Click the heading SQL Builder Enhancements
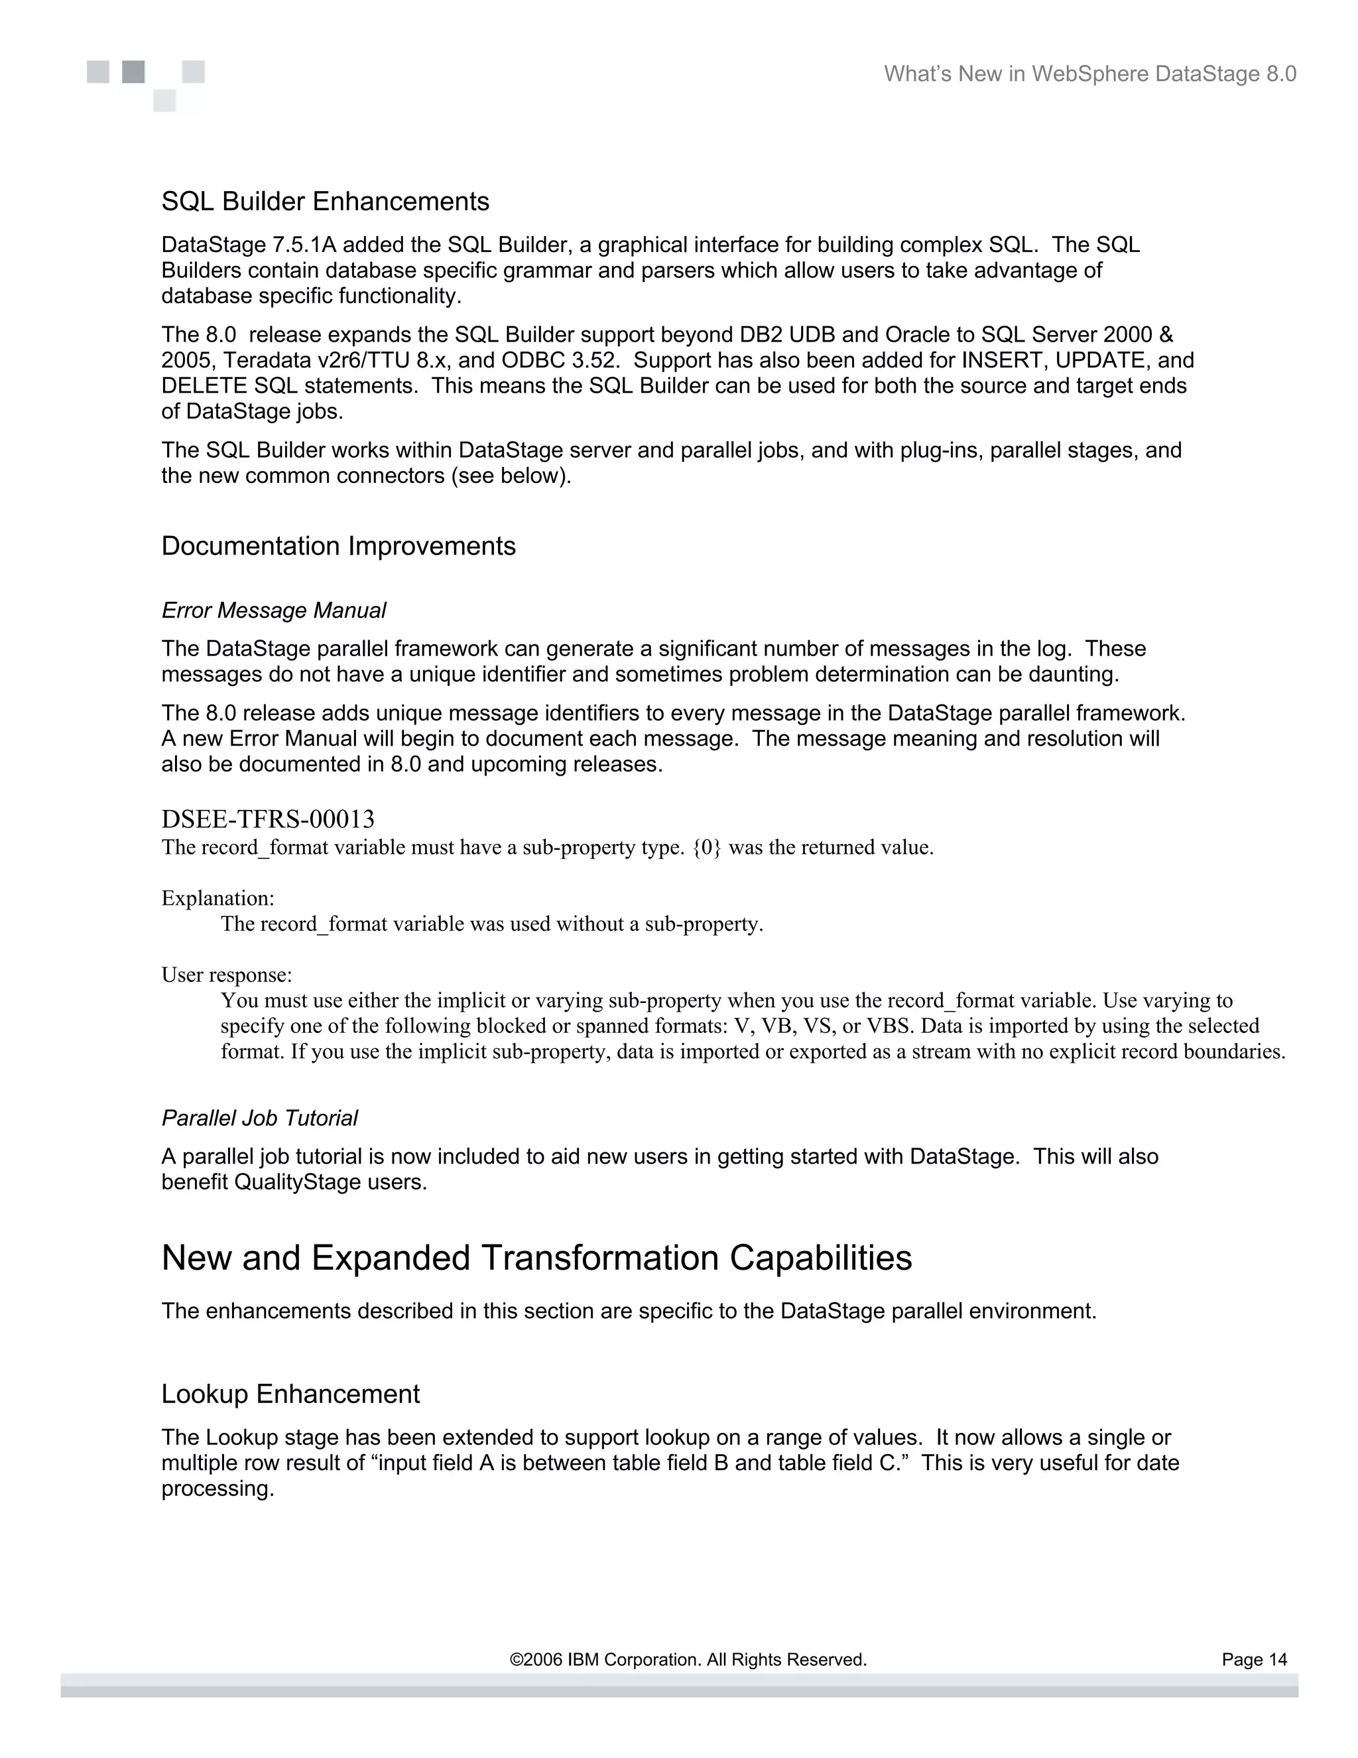point(325,201)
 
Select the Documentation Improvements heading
point(338,546)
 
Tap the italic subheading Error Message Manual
point(274,610)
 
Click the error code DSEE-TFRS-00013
point(268,819)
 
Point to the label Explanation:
point(218,898)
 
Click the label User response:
point(227,975)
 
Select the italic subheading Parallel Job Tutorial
point(259,1118)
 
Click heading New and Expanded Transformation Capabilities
point(536,1258)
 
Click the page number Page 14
point(1254,1659)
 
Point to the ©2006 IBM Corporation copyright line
point(688,1659)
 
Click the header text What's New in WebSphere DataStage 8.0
point(1090,74)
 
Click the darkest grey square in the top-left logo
point(133,72)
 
